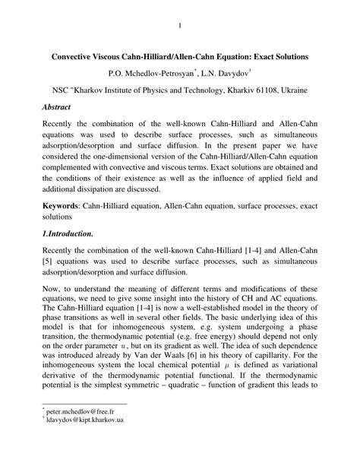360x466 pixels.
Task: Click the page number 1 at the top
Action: (x=180, y=28)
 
